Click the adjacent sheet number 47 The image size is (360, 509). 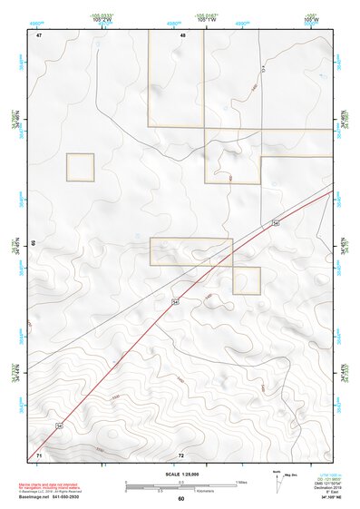(x=40, y=35)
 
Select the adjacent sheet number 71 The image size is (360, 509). (x=39, y=454)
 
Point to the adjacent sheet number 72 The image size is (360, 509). (x=181, y=454)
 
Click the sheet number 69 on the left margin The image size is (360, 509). (x=34, y=244)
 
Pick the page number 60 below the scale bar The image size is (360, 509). (x=180, y=498)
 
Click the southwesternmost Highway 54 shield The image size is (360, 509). (x=60, y=424)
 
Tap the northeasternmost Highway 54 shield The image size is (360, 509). (x=274, y=222)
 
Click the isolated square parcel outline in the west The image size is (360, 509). (x=80, y=167)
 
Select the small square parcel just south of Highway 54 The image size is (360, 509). (x=247, y=280)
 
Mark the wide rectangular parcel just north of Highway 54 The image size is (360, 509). (x=191, y=251)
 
